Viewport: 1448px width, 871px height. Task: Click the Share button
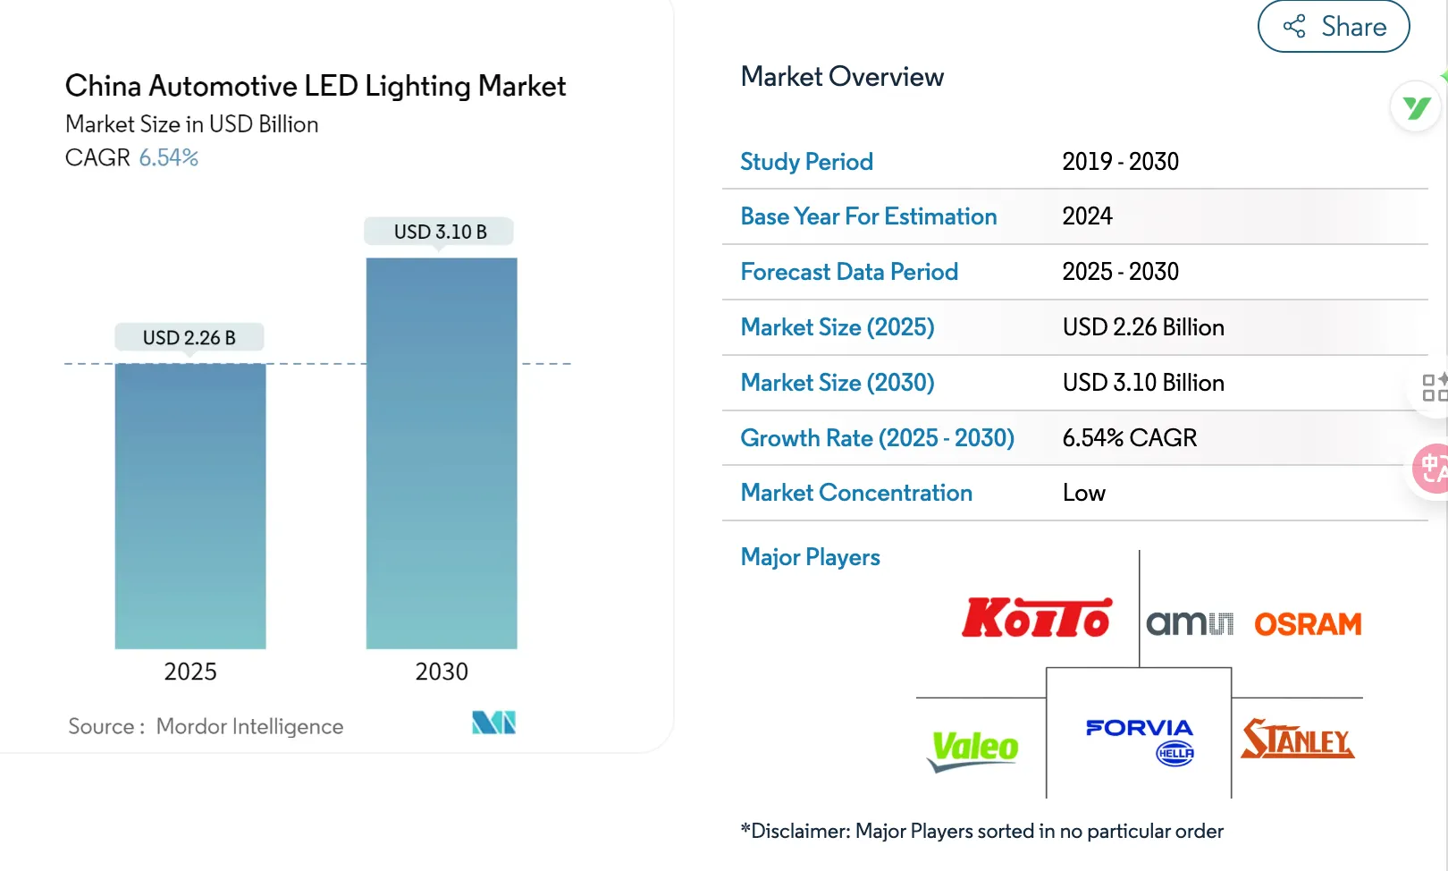(1334, 27)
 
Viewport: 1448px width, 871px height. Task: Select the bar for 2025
(190, 505)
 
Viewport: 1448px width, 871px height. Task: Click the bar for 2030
(442, 452)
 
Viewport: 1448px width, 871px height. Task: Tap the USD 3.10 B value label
(440, 232)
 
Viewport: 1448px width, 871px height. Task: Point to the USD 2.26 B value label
(189, 338)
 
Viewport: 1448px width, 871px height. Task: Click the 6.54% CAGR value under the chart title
(168, 157)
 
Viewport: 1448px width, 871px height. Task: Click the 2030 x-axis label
(442, 672)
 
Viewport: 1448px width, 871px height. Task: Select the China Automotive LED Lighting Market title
(316, 86)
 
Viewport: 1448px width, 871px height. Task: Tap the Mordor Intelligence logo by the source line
(493, 723)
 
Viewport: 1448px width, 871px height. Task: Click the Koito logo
(1037, 618)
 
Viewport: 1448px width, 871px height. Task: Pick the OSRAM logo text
(1307, 624)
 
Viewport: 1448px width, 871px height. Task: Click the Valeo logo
(973, 749)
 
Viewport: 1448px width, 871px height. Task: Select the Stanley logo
(1297, 740)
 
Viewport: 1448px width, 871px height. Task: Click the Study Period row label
(806, 162)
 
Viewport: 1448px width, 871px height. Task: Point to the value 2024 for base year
(1087, 216)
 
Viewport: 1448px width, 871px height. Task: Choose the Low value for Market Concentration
(1083, 493)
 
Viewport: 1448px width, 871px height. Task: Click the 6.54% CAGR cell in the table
(1129, 438)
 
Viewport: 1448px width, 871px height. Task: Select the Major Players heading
(810, 557)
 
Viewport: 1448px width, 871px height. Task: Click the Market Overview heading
(842, 77)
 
